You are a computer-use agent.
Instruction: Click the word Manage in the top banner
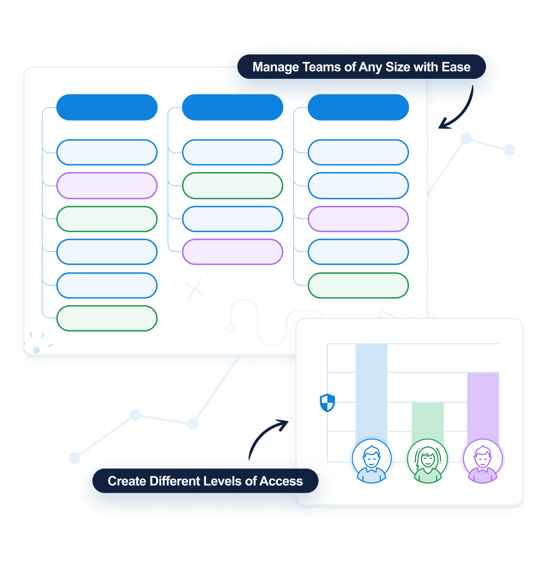[x=275, y=67]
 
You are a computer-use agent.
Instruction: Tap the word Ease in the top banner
[x=455, y=67]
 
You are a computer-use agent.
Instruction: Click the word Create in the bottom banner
[x=126, y=481]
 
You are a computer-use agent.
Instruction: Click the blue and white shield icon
[x=327, y=403]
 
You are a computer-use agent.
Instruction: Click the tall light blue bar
[x=371, y=389]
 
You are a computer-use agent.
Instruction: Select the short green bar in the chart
[x=427, y=420]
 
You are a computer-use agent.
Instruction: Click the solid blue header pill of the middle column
[x=232, y=107]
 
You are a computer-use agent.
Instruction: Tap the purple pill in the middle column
[x=232, y=252]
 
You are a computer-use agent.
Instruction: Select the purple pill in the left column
[x=106, y=186]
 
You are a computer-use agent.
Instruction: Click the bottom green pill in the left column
[x=106, y=319]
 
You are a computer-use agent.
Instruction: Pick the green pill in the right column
[x=358, y=285]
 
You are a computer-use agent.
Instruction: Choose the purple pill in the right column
[x=358, y=219]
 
